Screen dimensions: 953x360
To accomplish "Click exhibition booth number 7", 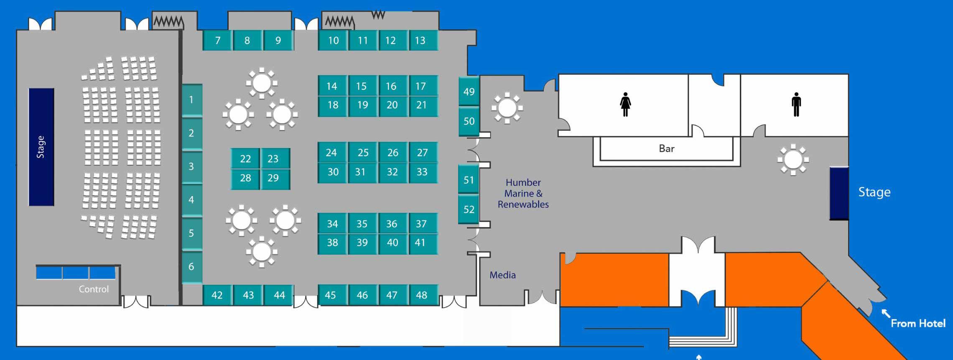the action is click(x=217, y=41).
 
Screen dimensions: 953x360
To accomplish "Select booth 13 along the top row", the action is click(x=420, y=41).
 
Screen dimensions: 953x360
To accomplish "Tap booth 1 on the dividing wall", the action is click(x=191, y=100).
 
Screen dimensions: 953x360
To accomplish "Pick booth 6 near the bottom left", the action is click(x=191, y=266).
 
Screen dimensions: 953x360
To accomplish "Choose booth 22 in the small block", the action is click(x=245, y=159).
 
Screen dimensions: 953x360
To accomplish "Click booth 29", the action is click(x=273, y=178).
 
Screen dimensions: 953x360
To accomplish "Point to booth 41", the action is click(x=420, y=243).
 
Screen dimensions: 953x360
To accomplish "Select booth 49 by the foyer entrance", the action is click(x=469, y=92).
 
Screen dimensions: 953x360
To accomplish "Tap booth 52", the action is click(x=469, y=209).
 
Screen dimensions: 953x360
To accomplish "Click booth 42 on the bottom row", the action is click(x=217, y=295).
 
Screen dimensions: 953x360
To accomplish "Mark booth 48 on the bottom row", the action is click(x=421, y=295).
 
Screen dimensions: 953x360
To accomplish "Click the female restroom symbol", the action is click(x=625, y=105).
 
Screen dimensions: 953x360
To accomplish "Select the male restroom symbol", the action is click(x=796, y=104).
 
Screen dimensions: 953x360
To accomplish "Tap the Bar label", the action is click(x=667, y=148).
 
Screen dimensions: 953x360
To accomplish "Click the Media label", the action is click(x=502, y=275).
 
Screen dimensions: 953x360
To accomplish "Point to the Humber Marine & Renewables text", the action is click(x=523, y=194).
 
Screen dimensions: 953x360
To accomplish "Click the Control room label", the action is click(x=94, y=289).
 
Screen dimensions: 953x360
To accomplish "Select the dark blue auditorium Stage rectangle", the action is click(x=41, y=147).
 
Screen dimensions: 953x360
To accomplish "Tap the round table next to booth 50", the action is click(x=507, y=108).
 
